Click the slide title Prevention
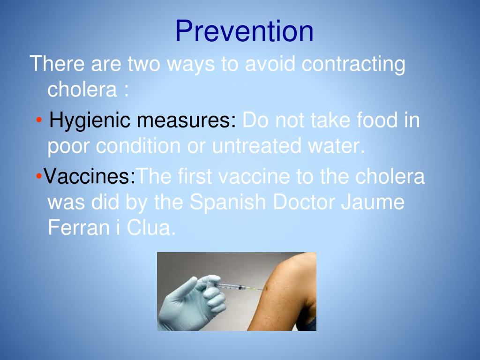(x=244, y=31)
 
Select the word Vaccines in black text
(x=89, y=177)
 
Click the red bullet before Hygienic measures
(x=39, y=121)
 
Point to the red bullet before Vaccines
(x=38, y=177)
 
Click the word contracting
(x=353, y=64)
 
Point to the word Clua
(x=152, y=228)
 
